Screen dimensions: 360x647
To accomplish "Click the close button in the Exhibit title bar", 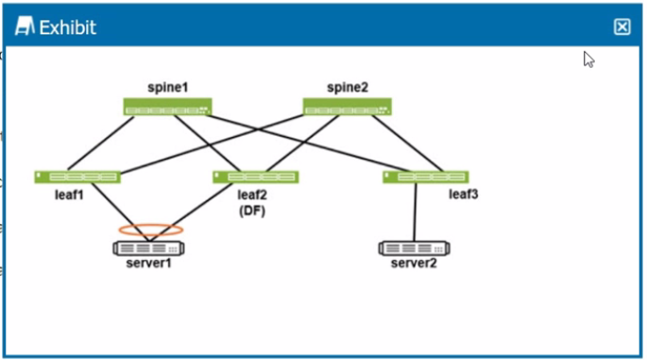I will click(x=621, y=26).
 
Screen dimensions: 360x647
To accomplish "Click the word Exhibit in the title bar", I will click(x=67, y=27).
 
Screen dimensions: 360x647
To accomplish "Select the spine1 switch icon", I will click(x=167, y=107).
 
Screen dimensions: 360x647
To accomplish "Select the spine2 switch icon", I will click(x=347, y=107).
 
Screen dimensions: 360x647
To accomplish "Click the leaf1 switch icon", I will click(x=77, y=177).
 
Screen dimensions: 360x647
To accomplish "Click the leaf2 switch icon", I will click(x=255, y=177).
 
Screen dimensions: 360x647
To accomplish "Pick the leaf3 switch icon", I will click(x=425, y=177).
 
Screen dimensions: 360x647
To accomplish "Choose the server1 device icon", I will click(x=149, y=248).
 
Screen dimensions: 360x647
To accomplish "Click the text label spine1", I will click(x=167, y=88).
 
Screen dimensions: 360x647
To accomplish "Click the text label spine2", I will click(x=347, y=88).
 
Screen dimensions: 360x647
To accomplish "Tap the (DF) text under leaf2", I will click(x=252, y=211).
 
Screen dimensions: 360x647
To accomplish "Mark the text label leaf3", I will click(x=464, y=195).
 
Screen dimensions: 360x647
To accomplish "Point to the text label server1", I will click(x=149, y=263).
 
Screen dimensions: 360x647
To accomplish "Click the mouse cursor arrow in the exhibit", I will click(x=588, y=59).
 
